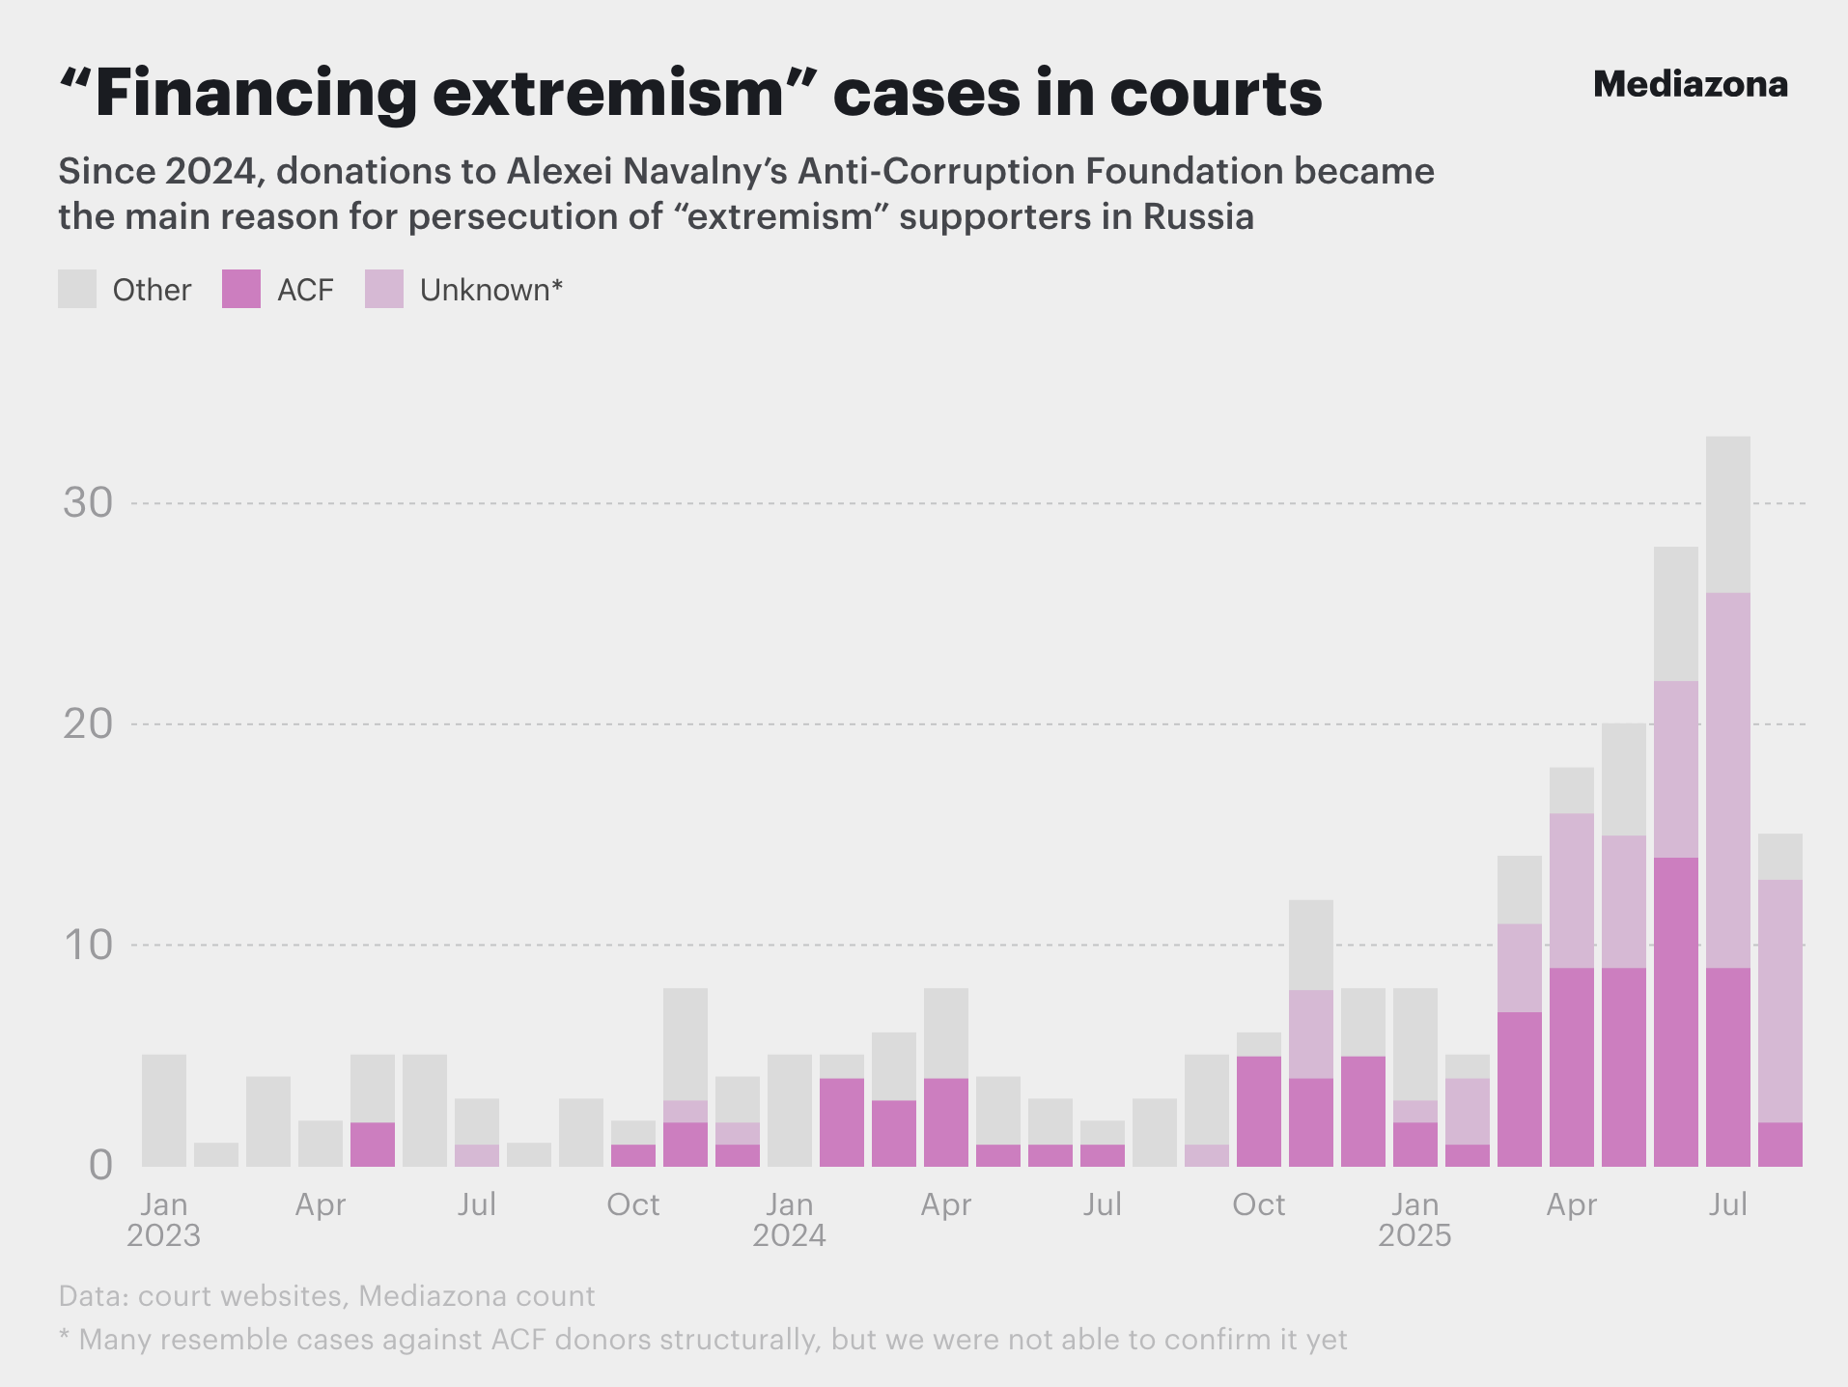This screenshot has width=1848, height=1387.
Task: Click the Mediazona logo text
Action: (x=1690, y=85)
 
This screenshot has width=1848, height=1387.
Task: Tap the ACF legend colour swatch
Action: (x=241, y=289)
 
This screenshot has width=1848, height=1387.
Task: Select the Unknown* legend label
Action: (x=490, y=290)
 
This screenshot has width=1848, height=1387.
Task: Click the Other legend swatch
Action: (x=77, y=289)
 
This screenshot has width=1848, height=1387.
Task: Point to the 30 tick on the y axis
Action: (x=88, y=503)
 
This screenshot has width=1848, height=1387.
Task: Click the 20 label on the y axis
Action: (x=88, y=724)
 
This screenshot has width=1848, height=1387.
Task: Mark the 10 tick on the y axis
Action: (x=88, y=945)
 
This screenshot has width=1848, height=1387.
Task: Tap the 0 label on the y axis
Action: (x=100, y=1166)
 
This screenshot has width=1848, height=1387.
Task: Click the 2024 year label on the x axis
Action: (x=789, y=1235)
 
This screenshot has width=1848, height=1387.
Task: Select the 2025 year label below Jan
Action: (x=1414, y=1235)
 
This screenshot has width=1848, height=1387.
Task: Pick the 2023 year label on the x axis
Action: (x=163, y=1235)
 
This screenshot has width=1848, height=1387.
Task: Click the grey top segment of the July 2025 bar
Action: (x=1728, y=514)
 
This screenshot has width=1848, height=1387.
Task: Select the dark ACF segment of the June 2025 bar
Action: (x=1676, y=1011)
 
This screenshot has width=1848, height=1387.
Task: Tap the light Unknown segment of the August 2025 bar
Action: (x=1780, y=1001)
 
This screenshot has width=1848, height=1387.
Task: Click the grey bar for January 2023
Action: (x=164, y=1111)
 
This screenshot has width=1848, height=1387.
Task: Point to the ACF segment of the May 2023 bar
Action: (x=373, y=1145)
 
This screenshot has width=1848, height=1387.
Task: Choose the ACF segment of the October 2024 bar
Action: (x=1259, y=1111)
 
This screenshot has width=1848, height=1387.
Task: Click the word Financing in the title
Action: (x=255, y=94)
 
